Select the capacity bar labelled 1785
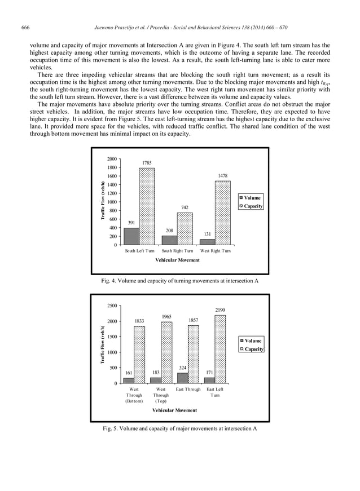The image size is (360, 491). pos(147,206)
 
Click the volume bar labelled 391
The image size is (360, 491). pos(131,236)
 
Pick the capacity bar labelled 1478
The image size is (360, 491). pos(222,213)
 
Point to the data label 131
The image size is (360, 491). pos(208,233)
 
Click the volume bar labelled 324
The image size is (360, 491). pos(183,378)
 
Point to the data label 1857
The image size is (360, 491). pos(193,320)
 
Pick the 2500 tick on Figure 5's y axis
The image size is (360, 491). pos(112,306)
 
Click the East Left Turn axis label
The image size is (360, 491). pos(215,392)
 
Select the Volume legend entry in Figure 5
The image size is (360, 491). pos(251,340)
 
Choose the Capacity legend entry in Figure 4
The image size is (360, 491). pos(252,206)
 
